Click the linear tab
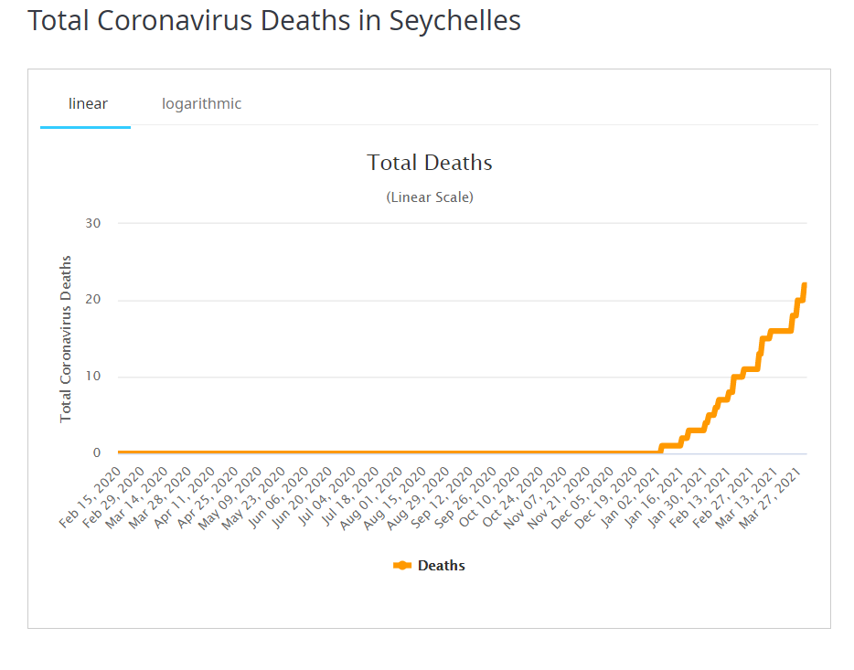coord(88,104)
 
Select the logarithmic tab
coord(201,104)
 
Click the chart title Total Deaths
coord(430,163)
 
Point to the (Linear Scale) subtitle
coord(430,197)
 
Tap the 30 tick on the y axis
coord(92,223)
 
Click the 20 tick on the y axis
coord(92,300)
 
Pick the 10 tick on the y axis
coord(92,377)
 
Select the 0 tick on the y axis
coord(96,453)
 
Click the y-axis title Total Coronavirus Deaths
coord(66,338)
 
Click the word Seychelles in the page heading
coord(455,21)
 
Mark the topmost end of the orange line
coord(805,285)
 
